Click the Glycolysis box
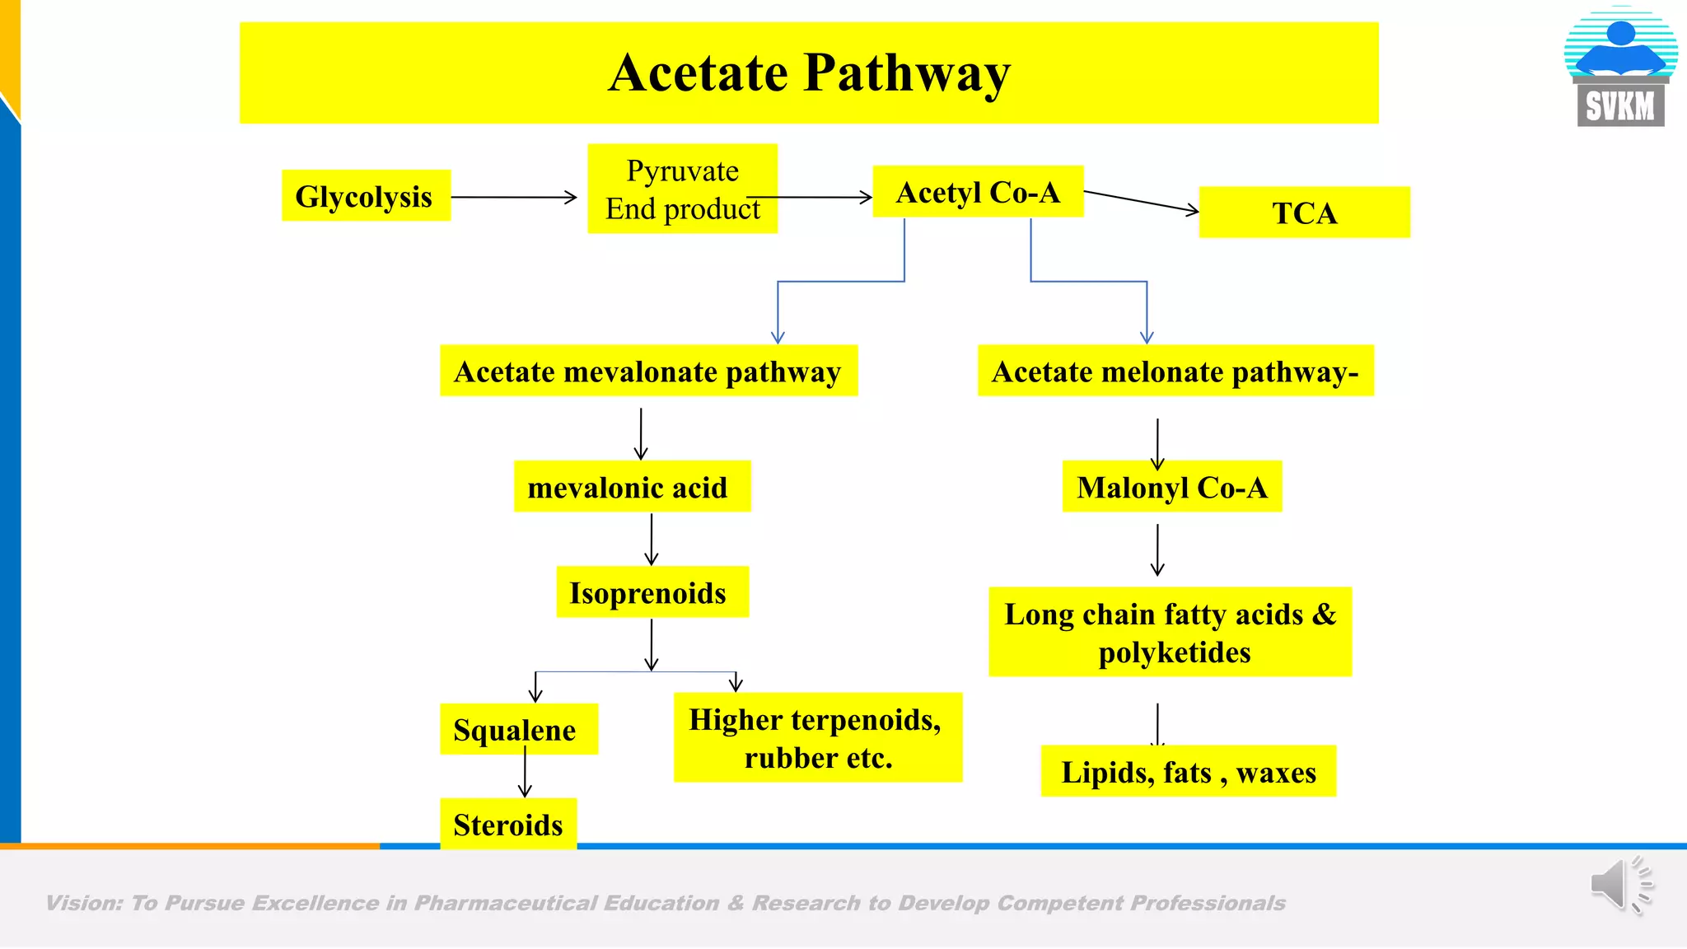(366, 196)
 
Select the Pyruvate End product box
(682, 189)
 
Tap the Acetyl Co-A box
(978, 192)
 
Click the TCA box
(1304, 213)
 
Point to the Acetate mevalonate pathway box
(648, 371)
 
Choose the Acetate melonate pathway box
(1175, 371)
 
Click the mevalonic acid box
(632, 487)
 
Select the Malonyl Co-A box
(1171, 487)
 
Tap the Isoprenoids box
(652, 592)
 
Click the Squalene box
(518, 729)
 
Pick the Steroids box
(508, 824)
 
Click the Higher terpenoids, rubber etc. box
(817, 737)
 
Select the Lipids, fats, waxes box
(1188, 772)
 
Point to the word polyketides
(1174, 652)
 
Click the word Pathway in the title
(907, 72)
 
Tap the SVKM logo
(1620, 68)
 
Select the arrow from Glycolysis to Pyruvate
(514, 198)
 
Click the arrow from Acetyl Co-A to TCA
(1141, 202)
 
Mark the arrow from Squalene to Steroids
(525, 775)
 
